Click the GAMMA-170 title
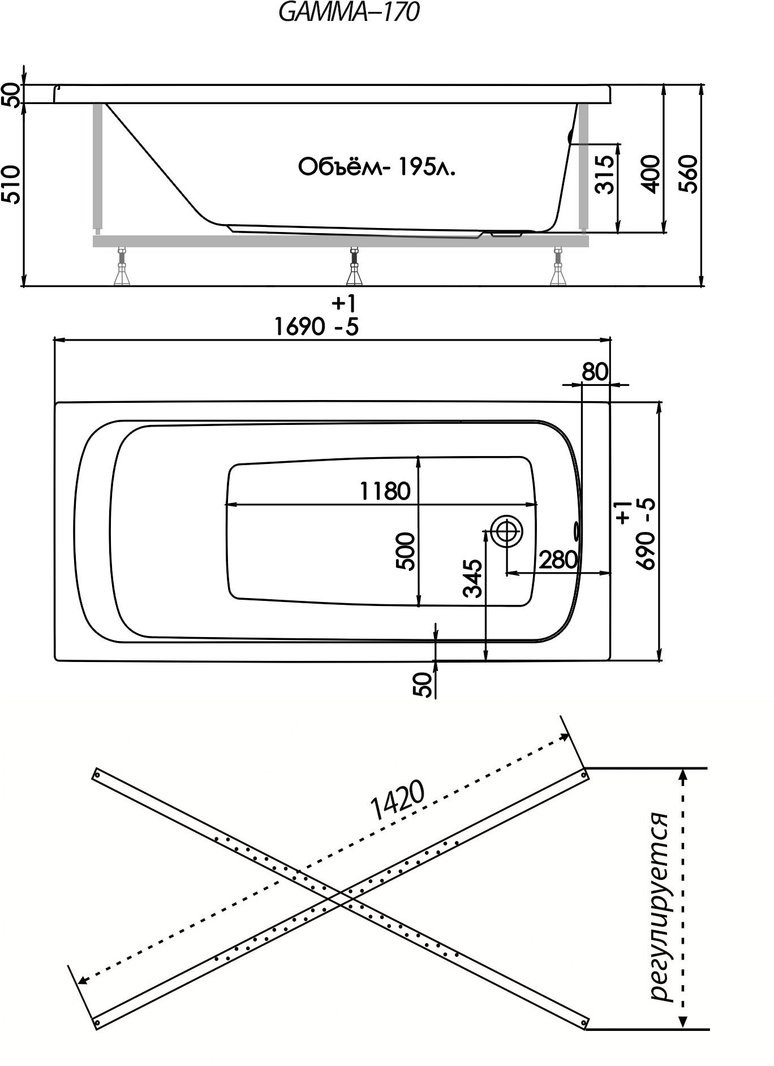click(x=349, y=12)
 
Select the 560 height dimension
click(x=689, y=174)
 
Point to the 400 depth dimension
click(x=652, y=174)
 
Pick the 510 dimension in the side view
click(x=12, y=184)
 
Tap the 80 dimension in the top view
click(x=595, y=371)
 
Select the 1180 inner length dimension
click(x=385, y=491)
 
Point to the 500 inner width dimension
click(x=407, y=551)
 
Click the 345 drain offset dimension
click(x=472, y=578)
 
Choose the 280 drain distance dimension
click(x=557, y=560)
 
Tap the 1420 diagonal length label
click(x=397, y=802)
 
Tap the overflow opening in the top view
click(x=577, y=530)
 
